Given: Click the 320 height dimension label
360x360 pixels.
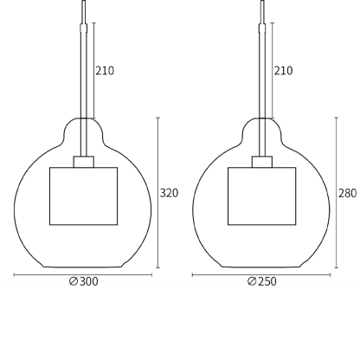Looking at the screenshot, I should [x=169, y=193].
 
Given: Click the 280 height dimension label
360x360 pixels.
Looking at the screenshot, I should [x=347, y=193].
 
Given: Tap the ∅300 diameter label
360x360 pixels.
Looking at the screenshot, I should [x=83, y=282].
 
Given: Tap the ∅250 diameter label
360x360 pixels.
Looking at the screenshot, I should [x=261, y=282].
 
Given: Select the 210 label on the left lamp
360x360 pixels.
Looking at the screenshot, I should [x=105, y=71].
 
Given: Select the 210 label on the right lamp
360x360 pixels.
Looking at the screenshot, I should [x=283, y=71].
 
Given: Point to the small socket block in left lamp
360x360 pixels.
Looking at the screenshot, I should [x=83, y=161].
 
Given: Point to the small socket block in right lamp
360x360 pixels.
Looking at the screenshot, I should [x=261, y=161].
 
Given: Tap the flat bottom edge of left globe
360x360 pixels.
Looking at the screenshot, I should [x=83, y=267].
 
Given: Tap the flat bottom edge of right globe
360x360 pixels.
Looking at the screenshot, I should [x=261, y=267].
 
